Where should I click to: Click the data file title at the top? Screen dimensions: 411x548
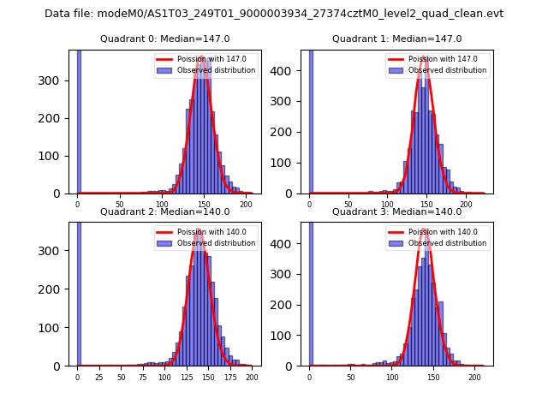(274, 14)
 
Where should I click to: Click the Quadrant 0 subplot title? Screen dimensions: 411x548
(164, 39)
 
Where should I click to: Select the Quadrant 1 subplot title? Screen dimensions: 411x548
(396, 39)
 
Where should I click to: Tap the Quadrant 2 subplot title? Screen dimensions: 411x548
(164, 211)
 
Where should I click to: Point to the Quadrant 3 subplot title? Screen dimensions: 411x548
(396, 211)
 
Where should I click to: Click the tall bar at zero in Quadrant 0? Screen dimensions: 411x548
(79, 120)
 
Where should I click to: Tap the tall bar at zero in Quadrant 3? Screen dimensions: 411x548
(311, 291)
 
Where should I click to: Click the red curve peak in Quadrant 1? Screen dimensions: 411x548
(425, 57)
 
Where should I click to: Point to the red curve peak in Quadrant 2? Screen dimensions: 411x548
(200, 229)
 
